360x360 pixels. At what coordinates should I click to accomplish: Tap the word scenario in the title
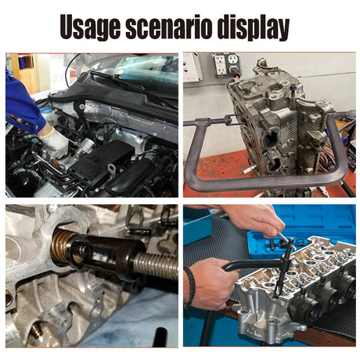[168, 27]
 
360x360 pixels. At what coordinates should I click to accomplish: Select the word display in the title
[254, 28]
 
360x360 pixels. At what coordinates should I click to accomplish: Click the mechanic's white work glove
[54, 142]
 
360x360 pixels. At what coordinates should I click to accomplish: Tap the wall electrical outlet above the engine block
[226, 65]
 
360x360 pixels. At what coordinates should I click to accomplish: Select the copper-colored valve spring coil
[62, 246]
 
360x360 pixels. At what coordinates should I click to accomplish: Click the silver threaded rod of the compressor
[157, 265]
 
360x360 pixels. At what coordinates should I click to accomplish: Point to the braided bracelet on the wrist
[191, 287]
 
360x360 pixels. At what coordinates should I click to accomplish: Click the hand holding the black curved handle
[209, 283]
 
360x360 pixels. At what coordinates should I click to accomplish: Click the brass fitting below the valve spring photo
[38, 332]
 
